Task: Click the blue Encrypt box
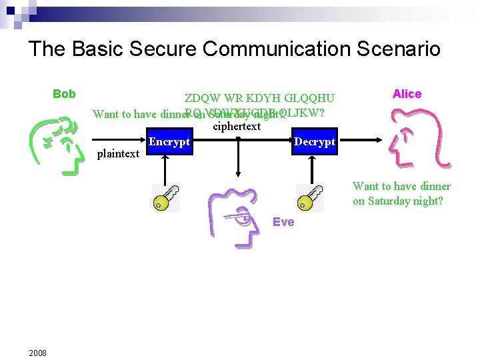169,143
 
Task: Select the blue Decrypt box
315,143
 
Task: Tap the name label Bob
64,94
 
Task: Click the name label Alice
407,94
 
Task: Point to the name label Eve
283,222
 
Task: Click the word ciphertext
237,126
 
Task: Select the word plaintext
118,154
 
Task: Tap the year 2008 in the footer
37,353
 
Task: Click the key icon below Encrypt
165,198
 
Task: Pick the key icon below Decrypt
309,198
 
